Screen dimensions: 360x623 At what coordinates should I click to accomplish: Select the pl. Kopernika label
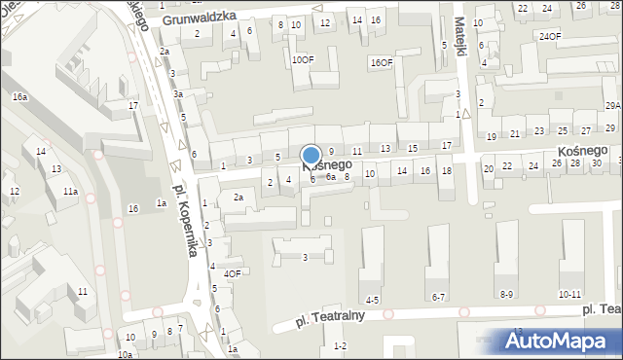point(183,219)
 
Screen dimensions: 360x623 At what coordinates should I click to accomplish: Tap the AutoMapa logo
point(560,341)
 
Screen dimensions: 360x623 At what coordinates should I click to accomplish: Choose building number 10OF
point(303,59)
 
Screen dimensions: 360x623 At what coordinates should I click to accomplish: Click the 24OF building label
point(550,36)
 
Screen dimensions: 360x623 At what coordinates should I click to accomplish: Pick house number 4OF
point(232,273)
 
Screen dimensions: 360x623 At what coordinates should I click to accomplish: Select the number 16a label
point(20,97)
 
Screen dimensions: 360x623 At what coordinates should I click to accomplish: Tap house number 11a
point(70,192)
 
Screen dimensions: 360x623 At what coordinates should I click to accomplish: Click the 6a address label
point(331,177)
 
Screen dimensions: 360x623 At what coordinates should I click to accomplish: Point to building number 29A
point(612,105)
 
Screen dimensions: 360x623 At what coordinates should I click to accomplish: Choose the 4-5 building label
point(372,300)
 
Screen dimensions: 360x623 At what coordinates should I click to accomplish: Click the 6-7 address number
point(438,297)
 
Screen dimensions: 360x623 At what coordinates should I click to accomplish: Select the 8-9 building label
point(506,294)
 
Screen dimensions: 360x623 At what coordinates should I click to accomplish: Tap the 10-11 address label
point(570,294)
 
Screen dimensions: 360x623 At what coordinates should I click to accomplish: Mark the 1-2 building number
point(340,345)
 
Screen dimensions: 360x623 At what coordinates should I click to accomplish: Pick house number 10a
point(125,355)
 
